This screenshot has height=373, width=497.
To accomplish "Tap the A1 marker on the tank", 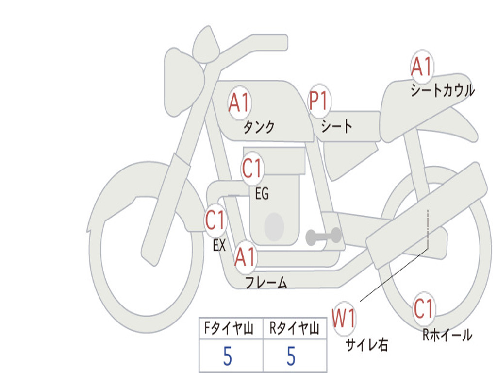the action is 239,103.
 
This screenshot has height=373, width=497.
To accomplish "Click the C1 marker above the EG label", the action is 252,169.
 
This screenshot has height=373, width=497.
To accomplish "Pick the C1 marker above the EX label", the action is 215,220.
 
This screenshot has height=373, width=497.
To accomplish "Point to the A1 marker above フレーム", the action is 245,256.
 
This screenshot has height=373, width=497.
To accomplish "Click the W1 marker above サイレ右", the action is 344,318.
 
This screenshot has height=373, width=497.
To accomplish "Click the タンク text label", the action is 259,127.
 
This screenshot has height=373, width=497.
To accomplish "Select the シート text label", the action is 336,126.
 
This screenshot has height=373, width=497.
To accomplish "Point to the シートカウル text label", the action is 443,90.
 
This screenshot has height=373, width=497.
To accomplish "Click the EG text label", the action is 262,193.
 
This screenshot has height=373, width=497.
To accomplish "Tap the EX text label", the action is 219,245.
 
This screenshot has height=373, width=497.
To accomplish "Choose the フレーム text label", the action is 266,282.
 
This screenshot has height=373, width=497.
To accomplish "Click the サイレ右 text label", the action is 367,344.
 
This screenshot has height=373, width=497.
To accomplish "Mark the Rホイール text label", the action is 447,335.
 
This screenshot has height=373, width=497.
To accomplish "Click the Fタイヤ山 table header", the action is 229,328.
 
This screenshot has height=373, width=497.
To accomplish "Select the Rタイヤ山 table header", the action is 294,328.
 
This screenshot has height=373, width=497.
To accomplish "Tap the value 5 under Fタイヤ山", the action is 228,356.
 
